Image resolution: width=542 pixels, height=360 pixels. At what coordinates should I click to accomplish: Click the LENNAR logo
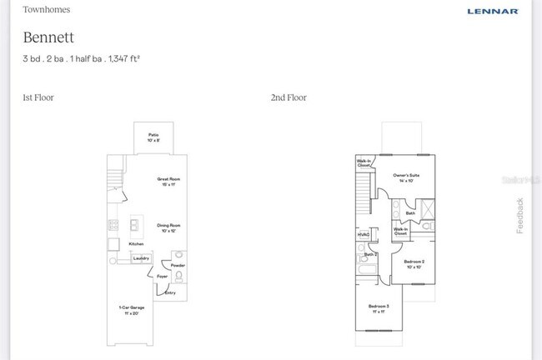[492, 11]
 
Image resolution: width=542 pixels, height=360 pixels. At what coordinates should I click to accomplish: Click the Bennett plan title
[48, 37]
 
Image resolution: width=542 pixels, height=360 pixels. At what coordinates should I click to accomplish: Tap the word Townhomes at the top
[46, 10]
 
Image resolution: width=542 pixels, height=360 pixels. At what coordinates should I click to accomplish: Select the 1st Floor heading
[38, 97]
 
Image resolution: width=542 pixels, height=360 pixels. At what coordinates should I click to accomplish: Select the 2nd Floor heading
[289, 97]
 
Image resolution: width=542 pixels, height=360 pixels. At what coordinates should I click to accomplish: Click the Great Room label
[169, 181]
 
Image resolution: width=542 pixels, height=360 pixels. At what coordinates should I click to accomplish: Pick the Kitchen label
[136, 243]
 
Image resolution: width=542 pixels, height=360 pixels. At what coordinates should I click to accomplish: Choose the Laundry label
[141, 258]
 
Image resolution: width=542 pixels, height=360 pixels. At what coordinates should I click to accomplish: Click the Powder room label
[178, 266]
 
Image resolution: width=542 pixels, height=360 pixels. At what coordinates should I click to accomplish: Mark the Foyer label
[163, 276]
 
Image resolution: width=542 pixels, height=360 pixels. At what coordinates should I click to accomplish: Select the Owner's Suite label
[406, 177]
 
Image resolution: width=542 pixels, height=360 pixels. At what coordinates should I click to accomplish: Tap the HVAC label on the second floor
[364, 236]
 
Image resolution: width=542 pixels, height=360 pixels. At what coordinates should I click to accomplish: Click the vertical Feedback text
[520, 215]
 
